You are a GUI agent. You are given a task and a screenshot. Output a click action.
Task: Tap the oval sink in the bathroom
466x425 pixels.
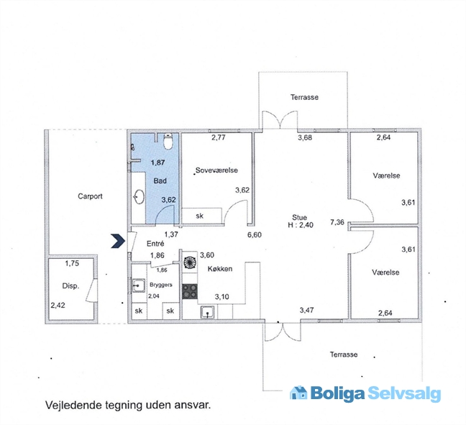pyautogui.click(x=139, y=197)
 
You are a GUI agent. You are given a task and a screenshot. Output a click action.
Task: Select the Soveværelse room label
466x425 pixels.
pyautogui.click(x=216, y=170)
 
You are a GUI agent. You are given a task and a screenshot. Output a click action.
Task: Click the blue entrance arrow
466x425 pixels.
pyautogui.click(x=118, y=241)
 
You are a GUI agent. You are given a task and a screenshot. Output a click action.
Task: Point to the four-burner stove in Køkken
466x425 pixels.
pyautogui.click(x=190, y=291)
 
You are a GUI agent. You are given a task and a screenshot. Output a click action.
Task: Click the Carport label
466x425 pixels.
pyautogui.click(x=90, y=196)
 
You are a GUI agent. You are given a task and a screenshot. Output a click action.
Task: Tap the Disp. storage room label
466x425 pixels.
pyautogui.click(x=70, y=286)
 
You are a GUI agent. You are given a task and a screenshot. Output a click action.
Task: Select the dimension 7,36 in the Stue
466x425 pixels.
pyautogui.click(x=337, y=222)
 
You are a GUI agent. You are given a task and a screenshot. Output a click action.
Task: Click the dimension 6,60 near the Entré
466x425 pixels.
pyautogui.click(x=255, y=234)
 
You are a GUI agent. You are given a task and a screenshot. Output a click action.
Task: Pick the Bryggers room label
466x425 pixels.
pyautogui.click(x=161, y=285)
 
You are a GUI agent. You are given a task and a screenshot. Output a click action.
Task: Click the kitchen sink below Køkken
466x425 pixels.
pyautogui.click(x=207, y=312)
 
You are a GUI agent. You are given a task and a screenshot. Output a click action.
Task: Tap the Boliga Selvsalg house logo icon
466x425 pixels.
pyautogui.click(x=298, y=393)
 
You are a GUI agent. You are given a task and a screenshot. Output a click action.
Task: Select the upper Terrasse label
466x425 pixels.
pyautogui.click(x=304, y=97)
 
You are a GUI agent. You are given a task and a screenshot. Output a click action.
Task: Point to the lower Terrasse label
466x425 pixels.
pyautogui.click(x=344, y=355)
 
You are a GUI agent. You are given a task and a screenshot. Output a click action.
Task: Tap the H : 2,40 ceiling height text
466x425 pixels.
pyautogui.click(x=301, y=225)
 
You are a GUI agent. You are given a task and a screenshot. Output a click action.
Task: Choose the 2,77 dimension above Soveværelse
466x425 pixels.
pyautogui.click(x=219, y=137)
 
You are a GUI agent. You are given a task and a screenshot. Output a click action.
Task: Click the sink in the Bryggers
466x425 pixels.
pyautogui.click(x=138, y=285)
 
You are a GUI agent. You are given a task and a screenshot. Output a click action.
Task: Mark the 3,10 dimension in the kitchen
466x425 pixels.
pyautogui.click(x=222, y=296)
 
